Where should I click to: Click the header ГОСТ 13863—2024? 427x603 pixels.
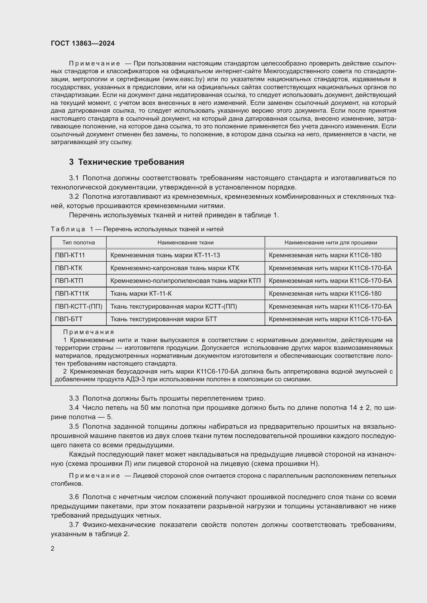tap(83, 43)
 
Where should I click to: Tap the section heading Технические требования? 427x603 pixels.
tap(131, 162)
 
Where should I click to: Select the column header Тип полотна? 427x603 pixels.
tap(79, 242)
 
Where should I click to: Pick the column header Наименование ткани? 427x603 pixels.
tap(185, 242)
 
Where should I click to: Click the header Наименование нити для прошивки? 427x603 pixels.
tap(330, 242)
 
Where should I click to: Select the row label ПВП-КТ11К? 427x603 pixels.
tap(72, 293)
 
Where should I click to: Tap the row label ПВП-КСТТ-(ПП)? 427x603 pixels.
tap(79, 306)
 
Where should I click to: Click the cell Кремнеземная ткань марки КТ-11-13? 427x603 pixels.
tap(165, 255)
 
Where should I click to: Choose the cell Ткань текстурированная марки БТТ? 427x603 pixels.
tap(163, 319)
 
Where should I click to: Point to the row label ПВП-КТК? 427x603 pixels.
tap(69, 268)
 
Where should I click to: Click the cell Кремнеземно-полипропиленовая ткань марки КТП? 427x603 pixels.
tap(185, 281)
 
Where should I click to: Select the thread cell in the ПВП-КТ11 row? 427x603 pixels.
tap(325, 255)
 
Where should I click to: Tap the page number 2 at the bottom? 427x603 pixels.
tap(53, 549)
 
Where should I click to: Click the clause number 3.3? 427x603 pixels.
tap(74, 398)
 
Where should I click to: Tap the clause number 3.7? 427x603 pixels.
tap(74, 525)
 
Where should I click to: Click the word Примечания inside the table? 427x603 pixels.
tap(89, 332)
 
